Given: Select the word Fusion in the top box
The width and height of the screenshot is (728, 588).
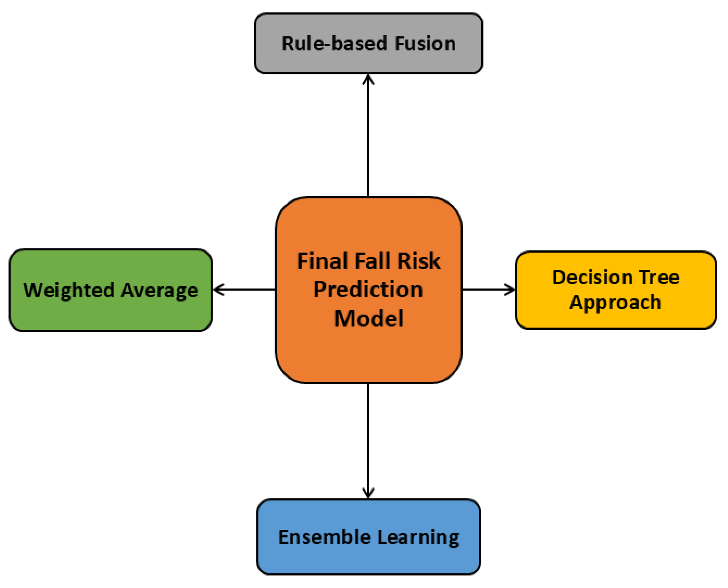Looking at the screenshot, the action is click(x=425, y=44).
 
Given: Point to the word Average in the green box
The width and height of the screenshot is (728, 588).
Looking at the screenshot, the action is click(x=160, y=291).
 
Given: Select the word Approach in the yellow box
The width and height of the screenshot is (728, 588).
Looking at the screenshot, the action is click(x=615, y=302).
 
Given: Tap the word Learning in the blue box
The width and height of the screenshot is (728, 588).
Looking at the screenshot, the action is click(x=418, y=538).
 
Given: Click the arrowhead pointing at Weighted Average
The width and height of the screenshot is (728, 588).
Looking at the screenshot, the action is click(x=219, y=290).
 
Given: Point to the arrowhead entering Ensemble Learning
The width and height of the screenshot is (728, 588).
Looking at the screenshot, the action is click(x=368, y=494).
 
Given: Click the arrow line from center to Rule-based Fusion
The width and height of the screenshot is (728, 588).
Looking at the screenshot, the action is click(x=368, y=136).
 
